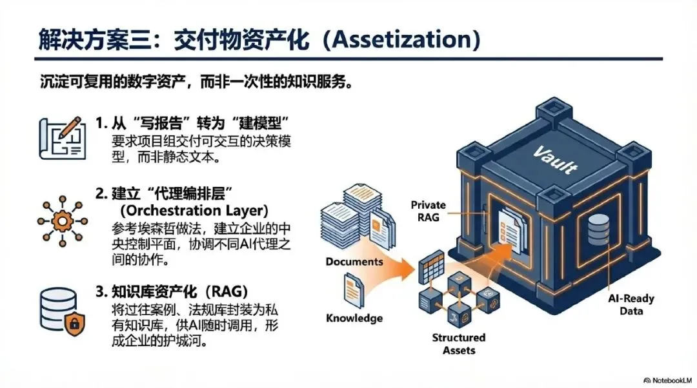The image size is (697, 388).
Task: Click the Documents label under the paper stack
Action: (x=354, y=262)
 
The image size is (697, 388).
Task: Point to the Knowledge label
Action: (x=354, y=318)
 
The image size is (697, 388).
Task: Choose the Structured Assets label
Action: (x=460, y=344)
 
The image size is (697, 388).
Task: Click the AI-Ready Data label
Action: (x=631, y=304)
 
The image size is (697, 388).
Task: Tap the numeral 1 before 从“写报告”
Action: (x=99, y=122)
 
